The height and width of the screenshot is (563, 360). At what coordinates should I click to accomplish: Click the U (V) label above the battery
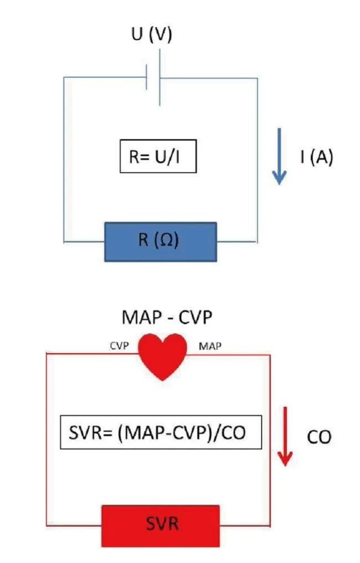coord(151,35)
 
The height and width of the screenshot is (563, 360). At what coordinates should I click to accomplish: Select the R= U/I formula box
coord(158,157)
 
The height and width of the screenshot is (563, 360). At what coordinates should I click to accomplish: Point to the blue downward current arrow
coord(279,157)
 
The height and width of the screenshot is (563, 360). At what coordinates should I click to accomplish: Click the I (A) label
coord(316,157)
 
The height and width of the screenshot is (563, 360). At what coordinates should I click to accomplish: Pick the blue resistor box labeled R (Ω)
coord(161,241)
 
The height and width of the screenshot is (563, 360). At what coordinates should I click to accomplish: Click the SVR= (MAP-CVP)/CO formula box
coord(160,432)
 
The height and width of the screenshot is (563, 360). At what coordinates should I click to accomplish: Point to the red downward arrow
coord(285,436)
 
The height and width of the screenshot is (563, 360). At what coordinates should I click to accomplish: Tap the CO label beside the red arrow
coord(318,437)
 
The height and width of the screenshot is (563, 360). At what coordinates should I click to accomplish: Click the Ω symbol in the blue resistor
coord(167,241)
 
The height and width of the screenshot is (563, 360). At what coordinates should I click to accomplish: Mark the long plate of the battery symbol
coord(160,78)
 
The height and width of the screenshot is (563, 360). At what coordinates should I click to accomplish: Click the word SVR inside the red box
coord(161,524)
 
